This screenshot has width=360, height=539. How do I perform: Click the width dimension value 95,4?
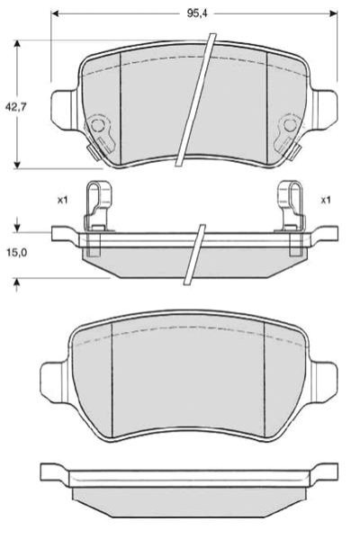(194, 13)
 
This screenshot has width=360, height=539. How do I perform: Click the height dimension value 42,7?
(15, 107)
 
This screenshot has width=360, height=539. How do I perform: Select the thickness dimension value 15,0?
(15, 253)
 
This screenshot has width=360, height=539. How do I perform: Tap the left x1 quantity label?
(62, 200)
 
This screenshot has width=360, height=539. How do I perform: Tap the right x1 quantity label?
(325, 200)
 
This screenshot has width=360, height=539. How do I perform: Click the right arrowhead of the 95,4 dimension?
(333, 13)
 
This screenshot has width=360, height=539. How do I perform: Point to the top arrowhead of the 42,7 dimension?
(17, 44)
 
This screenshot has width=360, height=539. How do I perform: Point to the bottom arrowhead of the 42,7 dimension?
(17, 165)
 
